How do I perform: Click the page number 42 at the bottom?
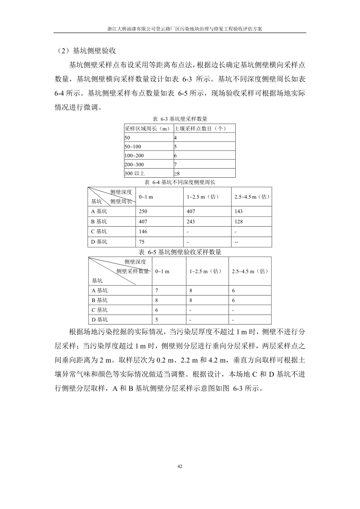[180, 465]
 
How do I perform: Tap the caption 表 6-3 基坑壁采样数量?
[180, 119]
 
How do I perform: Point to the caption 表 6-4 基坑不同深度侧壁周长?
[180, 182]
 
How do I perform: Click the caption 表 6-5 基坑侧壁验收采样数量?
[180, 252]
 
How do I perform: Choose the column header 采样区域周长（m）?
[147, 129]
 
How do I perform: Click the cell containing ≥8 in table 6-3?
[177, 173]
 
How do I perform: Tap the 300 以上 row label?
[134, 173]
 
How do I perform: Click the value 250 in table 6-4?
[143, 211]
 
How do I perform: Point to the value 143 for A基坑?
[238, 211]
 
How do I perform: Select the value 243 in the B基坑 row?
[191, 222]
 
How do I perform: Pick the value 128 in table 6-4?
[238, 222]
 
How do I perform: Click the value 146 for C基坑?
[143, 232]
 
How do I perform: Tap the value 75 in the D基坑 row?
[142, 242]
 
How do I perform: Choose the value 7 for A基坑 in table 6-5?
[156, 290]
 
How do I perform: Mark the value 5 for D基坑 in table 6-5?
[156, 320]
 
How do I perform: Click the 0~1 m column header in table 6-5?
[162, 271]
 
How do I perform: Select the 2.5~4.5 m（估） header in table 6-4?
[252, 197]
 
